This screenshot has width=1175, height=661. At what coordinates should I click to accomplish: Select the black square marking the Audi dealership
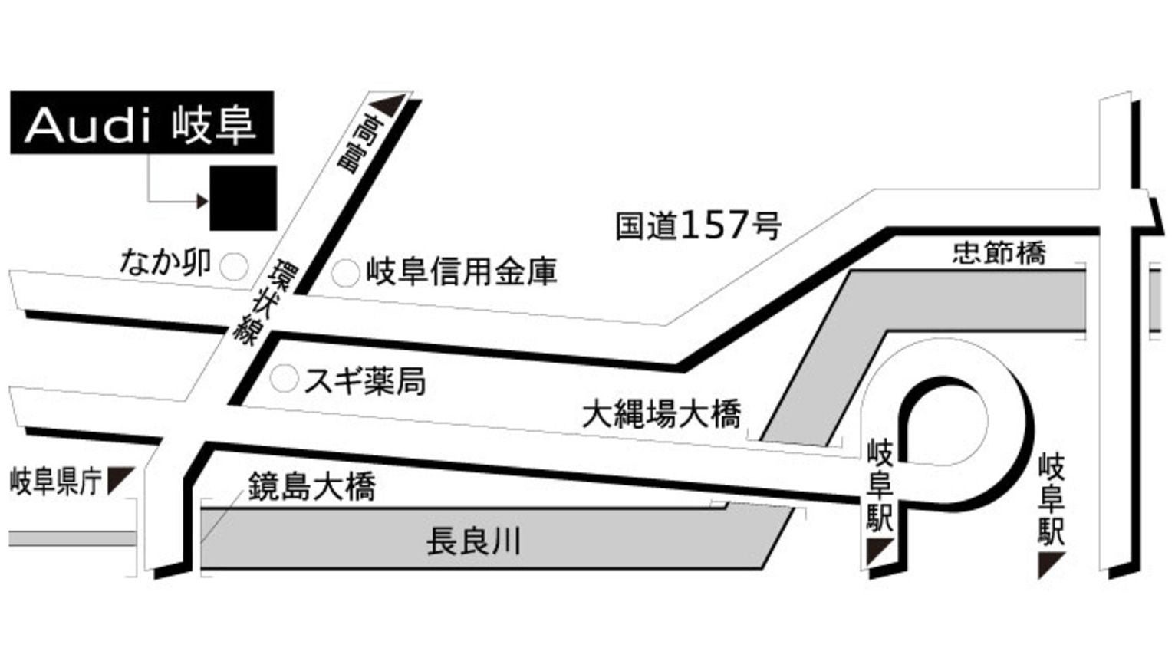coord(243,197)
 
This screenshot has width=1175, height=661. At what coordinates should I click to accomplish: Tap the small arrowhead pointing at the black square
coord(202,202)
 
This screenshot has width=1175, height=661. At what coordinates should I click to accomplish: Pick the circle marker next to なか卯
coord(234,267)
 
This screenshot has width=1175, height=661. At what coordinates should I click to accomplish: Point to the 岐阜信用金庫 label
coord(461,272)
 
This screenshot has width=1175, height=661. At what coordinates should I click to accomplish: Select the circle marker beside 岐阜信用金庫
coord(345,273)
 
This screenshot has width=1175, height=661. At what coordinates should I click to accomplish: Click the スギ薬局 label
coord(364,381)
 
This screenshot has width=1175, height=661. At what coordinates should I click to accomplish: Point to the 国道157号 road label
coord(697,225)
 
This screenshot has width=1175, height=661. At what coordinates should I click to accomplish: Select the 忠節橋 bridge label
coord(999,252)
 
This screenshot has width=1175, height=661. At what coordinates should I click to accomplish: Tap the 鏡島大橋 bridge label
coord(311,486)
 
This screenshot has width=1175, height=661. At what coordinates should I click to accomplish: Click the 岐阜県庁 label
coord(56,482)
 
